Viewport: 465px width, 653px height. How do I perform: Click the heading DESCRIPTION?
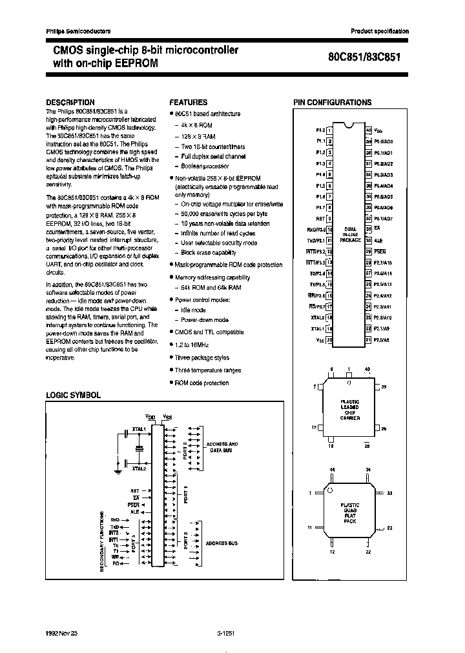(x=70, y=102)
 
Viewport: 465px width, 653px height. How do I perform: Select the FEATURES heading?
(x=188, y=102)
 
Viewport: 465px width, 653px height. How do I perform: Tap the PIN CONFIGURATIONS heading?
(x=332, y=102)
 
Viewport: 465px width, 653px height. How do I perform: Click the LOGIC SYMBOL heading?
(x=73, y=394)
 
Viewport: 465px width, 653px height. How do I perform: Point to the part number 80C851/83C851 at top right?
(x=365, y=55)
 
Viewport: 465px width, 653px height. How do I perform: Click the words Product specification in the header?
(x=380, y=31)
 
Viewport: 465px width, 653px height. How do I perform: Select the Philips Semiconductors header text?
(x=78, y=31)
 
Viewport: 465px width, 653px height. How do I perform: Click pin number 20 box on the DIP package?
(x=329, y=339)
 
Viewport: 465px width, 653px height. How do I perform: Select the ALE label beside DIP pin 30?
(x=378, y=239)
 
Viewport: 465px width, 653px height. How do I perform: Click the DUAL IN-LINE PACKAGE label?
(x=349, y=234)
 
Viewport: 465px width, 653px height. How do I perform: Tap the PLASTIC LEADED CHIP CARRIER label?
(x=349, y=410)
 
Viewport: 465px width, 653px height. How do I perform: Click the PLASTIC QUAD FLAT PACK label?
(x=349, y=512)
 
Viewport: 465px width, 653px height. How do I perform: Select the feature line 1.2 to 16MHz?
(x=192, y=345)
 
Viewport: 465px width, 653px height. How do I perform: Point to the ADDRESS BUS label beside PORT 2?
(x=222, y=543)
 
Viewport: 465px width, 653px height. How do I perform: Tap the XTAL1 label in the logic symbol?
(x=138, y=428)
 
